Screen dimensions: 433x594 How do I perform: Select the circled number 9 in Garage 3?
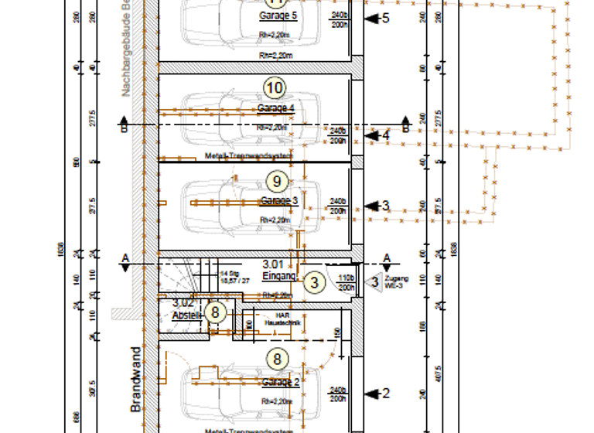click(277, 181)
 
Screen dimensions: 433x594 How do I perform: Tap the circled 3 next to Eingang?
click(313, 283)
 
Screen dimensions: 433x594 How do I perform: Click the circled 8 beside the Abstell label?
click(217, 313)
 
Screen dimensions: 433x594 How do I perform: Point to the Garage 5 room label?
click(278, 15)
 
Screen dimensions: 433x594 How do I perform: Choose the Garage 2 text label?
click(280, 382)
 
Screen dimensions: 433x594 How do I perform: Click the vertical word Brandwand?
click(135, 379)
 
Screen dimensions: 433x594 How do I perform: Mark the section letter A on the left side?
click(124, 257)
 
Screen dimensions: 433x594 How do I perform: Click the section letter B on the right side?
click(405, 119)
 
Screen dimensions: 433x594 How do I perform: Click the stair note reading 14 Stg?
click(228, 274)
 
